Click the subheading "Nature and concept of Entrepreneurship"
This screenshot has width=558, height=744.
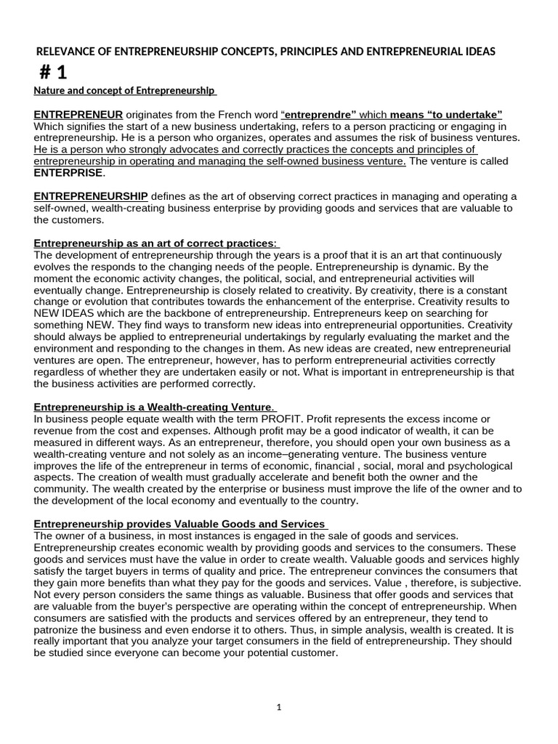click(124, 91)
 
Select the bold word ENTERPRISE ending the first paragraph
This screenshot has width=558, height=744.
click(69, 173)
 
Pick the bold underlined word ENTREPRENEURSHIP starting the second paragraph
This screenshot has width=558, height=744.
click(91, 197)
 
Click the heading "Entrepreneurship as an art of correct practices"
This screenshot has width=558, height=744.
click(155, 243)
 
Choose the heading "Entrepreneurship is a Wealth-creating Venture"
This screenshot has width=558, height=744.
click(154, 407)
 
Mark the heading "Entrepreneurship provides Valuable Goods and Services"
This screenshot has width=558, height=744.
click(179, 524)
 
